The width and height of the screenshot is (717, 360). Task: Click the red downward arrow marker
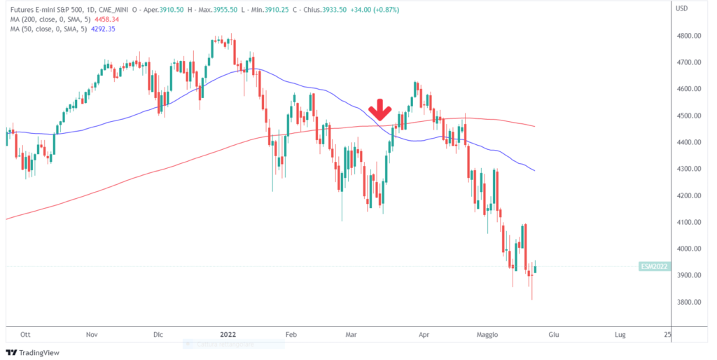[380, 110]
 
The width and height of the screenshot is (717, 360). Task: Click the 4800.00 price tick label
[689, 36]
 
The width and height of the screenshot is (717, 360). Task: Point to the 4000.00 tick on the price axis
[689, 249]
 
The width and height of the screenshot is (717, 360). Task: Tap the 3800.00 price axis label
[689, 302]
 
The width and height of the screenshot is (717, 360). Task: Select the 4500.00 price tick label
[689, 116]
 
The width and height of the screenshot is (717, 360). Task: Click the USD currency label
[681, 8]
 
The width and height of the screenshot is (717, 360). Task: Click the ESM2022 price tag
[653, 266]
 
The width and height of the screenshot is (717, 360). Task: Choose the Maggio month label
[491, 335]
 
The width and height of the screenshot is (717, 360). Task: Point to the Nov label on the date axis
[92, 335]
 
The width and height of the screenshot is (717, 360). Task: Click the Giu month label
[554, 335]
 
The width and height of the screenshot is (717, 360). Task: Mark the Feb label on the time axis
[292, 335]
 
